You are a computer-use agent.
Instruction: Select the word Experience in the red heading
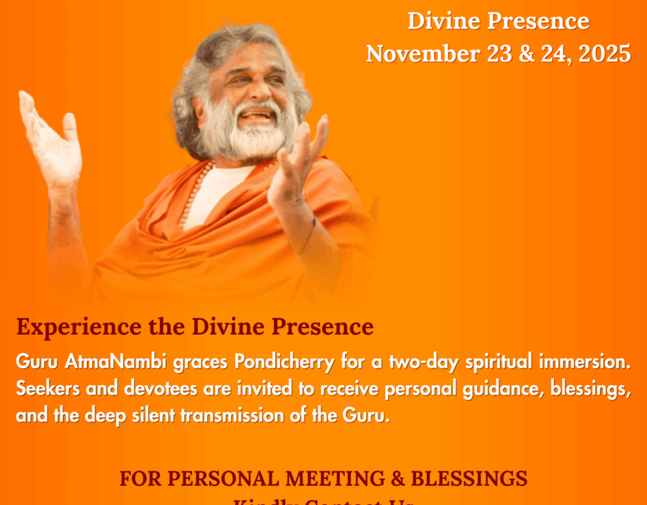point(69,327)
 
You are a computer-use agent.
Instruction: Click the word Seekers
point(44,389)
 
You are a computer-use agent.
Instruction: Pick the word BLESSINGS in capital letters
point(469,479)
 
